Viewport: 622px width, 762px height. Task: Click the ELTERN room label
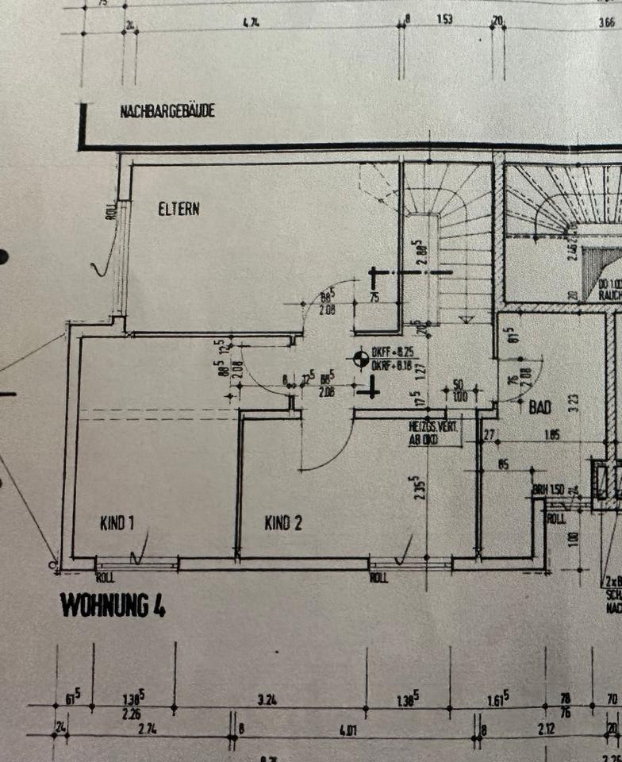point(179,210)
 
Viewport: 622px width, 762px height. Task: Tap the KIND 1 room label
point(117,523)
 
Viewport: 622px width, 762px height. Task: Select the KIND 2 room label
point(282,523)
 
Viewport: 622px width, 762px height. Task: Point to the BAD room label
point(541,407)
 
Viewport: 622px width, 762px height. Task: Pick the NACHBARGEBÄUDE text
point(167,112)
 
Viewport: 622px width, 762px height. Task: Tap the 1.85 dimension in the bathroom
point(552,434)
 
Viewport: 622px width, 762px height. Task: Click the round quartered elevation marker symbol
point(362,359)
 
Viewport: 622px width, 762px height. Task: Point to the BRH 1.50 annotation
point(548,489)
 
